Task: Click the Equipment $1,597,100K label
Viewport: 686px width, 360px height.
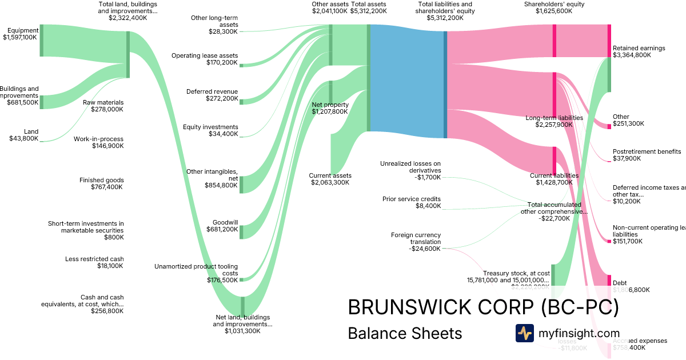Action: point(20,34)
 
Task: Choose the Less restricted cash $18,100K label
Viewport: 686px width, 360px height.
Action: point(94,262)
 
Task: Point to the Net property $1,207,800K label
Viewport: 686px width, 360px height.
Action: point(330,108)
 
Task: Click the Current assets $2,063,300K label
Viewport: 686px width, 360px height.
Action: point(330,179)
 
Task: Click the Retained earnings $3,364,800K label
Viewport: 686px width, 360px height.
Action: point(639,51)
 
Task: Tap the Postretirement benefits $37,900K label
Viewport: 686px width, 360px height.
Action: point(647,155)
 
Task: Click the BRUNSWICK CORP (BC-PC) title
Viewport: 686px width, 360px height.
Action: point(483,307)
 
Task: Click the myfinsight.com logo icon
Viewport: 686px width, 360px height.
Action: point(524,333)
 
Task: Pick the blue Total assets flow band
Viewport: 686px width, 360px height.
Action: point(407,78)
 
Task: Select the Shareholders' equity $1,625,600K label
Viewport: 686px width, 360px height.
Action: point(554,7)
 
